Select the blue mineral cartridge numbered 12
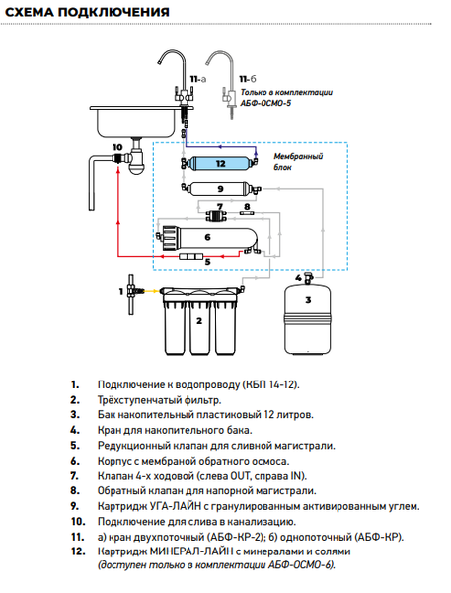[x=219, y=163]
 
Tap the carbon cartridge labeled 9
[x=220, y=188]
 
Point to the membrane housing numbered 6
[x=209, y=238]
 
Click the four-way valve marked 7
[x=216, y=215]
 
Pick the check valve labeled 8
[x=247, y=213]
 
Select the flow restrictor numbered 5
[x=191, y=257]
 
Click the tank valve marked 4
[x=309, y=278]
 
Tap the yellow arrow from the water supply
[x=151, y=291]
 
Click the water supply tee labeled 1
[x=131, y=295]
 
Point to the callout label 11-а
[x=198, y=79]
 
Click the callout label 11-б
[x=248, y=79]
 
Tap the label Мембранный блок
[x=298, y=161]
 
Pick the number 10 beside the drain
[x=117, y=147]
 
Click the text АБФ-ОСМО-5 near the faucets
[x=265, y=103]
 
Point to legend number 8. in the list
[x=75, y=490]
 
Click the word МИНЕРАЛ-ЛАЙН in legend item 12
[x=191, y=551]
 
